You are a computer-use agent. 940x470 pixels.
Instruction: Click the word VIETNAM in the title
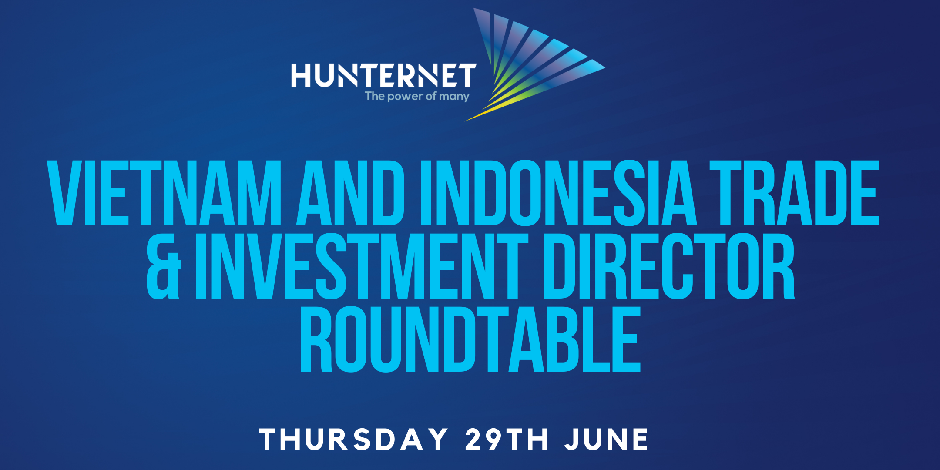click(x=165, y=193)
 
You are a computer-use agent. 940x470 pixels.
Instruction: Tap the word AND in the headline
click(x=351, y=193)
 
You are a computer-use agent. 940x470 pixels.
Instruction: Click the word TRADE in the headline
click(x=795, y=193)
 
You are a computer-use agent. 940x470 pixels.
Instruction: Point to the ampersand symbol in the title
click(x=164, y=266)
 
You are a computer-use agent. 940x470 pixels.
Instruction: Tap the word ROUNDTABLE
click(x=470, y=339)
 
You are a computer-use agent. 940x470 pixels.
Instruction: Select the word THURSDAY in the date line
click(x=354, y=439)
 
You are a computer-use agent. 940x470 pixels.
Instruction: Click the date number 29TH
click(x=507, y=439)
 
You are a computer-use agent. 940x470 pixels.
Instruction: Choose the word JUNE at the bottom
click(x=607, y=439)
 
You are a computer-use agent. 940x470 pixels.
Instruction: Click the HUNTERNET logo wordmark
click(x=384, y=75)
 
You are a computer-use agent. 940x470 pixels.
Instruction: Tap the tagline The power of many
click(x=417, y=96)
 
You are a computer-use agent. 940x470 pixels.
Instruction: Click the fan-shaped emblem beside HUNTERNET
click(x=535, y=64)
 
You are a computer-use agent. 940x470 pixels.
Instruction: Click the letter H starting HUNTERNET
click(x=301, y=75)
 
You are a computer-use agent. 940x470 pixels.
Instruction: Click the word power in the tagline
click(x=406, y=97)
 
